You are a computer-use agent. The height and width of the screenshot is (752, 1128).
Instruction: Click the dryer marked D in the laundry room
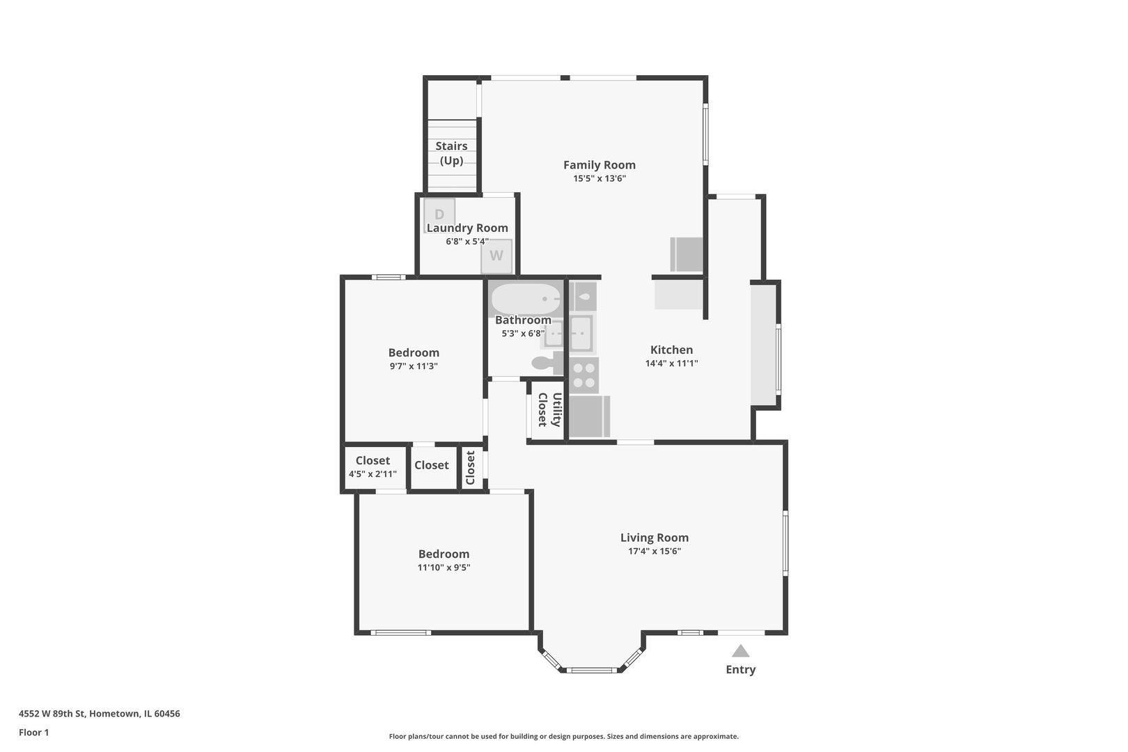click(x=439, y=215)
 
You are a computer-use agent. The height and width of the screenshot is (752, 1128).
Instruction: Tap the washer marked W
click(x=496, y=256)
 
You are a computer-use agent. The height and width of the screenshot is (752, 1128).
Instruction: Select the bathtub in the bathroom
click(x=526, y=299)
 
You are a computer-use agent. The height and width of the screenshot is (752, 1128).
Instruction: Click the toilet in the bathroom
click(x=547, y=363)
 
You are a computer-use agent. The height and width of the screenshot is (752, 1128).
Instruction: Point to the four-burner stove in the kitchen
click(x=583, y=375)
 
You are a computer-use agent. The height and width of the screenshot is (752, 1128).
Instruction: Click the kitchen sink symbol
click(x=581, y=333)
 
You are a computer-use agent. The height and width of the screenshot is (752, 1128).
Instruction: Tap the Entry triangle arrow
click(x=740, y=651)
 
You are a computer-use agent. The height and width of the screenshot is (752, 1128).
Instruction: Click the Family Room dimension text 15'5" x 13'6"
click(x=600, y=178)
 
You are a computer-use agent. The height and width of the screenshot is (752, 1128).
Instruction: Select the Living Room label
click(x=654, y=538)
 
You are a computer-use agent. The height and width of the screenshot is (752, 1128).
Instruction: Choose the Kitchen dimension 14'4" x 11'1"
click(x=671, y=363)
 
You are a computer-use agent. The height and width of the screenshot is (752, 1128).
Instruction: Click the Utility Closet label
click(x=549, y=409)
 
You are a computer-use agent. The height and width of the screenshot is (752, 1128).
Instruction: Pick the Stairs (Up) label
click(x=451, y=153)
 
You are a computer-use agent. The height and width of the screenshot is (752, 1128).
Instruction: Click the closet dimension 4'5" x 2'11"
click(x=373, y=474)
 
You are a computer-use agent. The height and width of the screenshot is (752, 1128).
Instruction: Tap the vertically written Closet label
click(x=470, y=468)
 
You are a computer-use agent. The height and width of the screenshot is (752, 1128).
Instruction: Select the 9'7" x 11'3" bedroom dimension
click(x=414, y=366)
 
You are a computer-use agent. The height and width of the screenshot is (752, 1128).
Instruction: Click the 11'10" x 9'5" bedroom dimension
click(x=444, y=567)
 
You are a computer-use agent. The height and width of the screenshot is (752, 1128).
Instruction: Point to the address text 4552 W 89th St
click(x=52, y=713)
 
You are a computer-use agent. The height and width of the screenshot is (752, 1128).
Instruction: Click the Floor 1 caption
click(x=33, y=733)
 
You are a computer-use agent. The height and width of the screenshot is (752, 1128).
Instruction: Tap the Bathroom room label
click(x=523, y=320)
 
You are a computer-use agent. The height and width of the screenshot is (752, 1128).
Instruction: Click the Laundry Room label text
click(x=467, y=228)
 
